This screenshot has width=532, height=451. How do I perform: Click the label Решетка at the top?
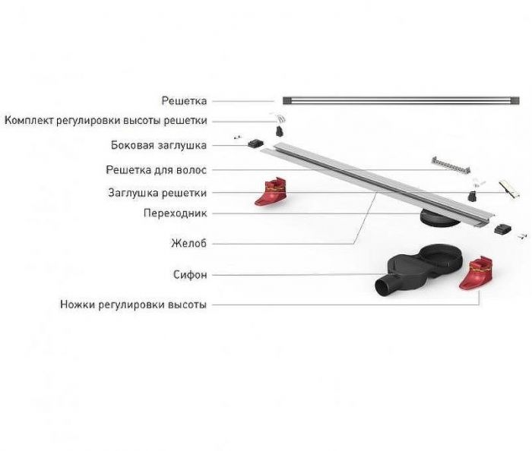[x=184, y=101]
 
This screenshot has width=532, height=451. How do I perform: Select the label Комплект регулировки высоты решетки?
[x=106, y=121]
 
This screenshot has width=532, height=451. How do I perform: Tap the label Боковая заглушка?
[x=159, y=145]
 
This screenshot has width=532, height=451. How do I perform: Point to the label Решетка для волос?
[x=156, y=170]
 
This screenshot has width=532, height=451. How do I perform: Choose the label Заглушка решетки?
[x=157, y=193]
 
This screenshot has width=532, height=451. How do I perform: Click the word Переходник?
[x=175, y=213]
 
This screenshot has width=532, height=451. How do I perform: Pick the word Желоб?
[x=188, y=243]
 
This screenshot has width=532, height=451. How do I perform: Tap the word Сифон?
[x=190, y=274]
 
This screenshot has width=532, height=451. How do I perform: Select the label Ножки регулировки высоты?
[x=133, y=304]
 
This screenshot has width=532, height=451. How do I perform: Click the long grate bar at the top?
[x=401, y=101]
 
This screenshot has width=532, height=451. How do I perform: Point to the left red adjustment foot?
[x=271, y=192]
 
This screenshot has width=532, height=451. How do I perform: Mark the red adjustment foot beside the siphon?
[x=476, y=273]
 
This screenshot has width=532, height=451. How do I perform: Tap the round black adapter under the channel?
[x=439, y=218]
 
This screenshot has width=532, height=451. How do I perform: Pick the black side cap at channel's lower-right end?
[x=502, y=229]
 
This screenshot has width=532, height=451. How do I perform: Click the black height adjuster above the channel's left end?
[x=280, y=131]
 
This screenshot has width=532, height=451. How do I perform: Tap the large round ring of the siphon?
[x=441, y=256]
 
